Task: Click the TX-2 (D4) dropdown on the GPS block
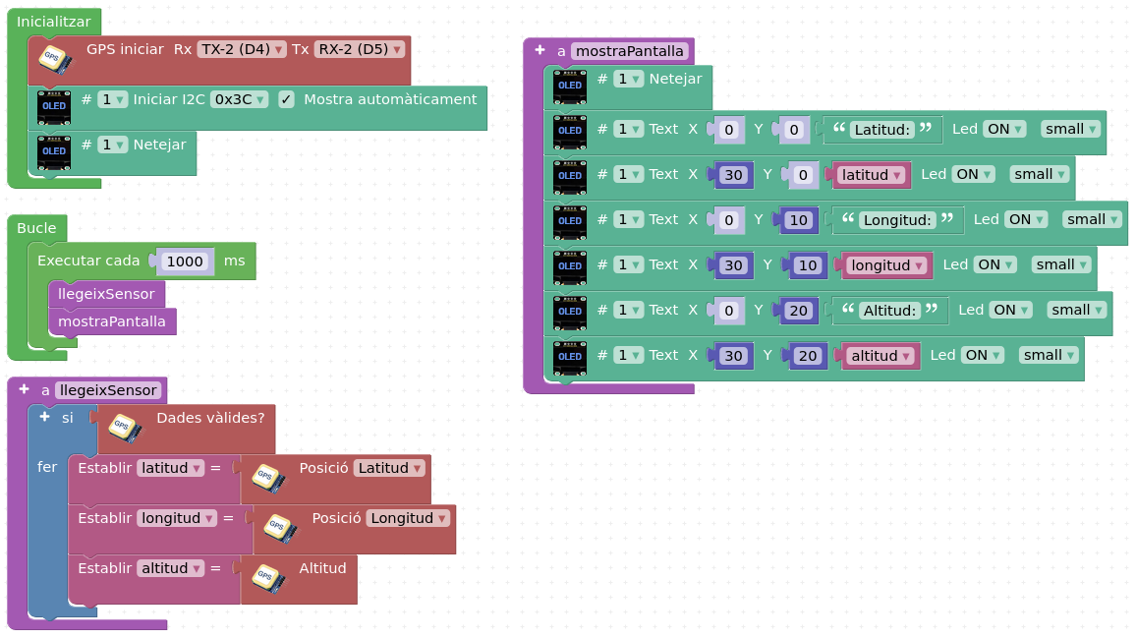[x=242, y=49]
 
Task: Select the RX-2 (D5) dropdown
[x=359, y=49]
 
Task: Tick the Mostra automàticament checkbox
[x=286, y=99]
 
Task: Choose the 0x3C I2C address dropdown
[x=239, y=99]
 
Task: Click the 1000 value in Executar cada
[x=185, y=261]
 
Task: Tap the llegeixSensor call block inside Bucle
[x=106, y=294]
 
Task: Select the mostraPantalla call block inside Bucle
[x=112, y=321]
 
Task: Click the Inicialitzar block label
[x=54, y=22]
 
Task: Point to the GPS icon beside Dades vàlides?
[x=124, y=429]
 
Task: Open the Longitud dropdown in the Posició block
[x=409, y=518]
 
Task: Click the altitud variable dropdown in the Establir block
[x=170, y=568]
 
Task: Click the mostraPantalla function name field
[x=630, y=51]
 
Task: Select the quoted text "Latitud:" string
[x=881, y=130]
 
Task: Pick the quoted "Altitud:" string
[x=889, y=311]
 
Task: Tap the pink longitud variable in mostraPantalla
[x=886, y=265]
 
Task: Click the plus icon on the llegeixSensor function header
[x=24, y=389]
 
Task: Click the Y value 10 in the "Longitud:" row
[x=798, y=220]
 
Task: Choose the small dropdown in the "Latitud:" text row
[x=1071, y=129]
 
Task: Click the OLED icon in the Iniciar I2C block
[x=54, y=107]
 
